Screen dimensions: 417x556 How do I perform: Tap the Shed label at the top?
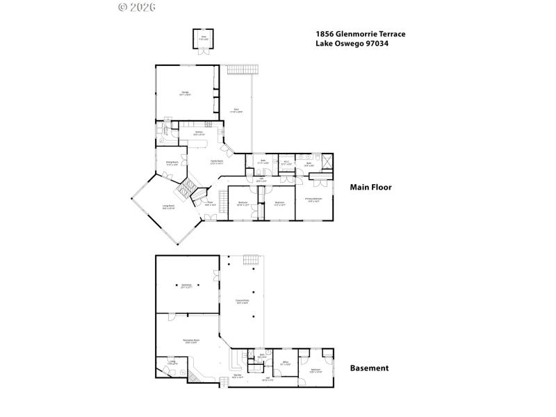(x=204, y=38)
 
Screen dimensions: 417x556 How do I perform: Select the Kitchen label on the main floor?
(x=198, y=133)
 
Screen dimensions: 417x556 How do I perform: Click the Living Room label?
(x=168, y=206)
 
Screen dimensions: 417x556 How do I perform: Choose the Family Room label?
(x=217, y=161)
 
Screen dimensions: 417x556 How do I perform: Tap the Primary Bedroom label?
(x=313, y=199)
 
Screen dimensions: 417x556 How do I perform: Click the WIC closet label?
(x=286, y=163)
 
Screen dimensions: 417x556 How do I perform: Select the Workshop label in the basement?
(x=186, y=286)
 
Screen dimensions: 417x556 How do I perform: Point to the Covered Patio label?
(x=242, y=301)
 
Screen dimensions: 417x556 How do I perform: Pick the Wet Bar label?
(x=236, y=377)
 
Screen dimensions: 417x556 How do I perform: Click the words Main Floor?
(x=370, y=187)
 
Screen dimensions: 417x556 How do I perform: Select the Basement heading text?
(x=369, y=368)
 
